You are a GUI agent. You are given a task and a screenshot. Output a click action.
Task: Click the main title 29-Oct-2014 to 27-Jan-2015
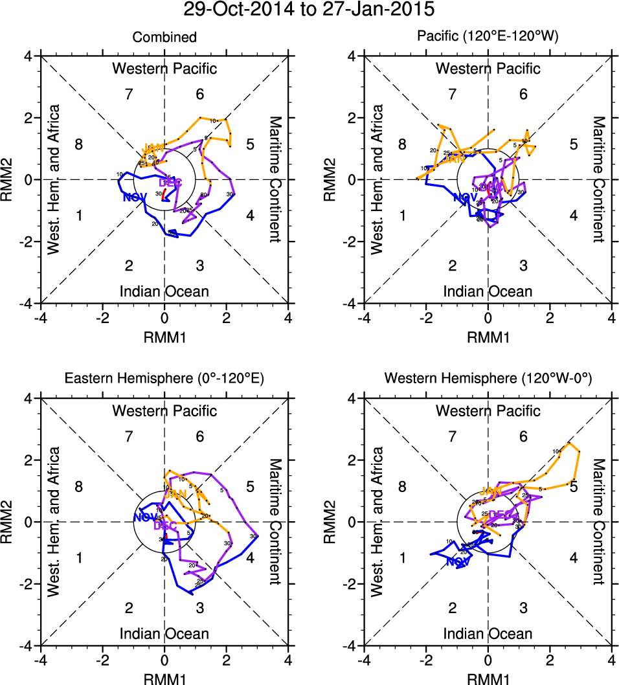point(309,10)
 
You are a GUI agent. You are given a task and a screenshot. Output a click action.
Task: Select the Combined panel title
point(164,38)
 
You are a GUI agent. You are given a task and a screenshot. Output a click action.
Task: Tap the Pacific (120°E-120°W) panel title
point(488,38)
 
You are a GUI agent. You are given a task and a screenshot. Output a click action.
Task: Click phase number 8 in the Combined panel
point(79,144)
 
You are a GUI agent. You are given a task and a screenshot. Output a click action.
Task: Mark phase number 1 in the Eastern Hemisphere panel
point(79,557)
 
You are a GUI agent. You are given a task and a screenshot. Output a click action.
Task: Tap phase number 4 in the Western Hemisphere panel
point(573,557)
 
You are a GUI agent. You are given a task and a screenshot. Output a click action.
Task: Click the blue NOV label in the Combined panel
point(133,197)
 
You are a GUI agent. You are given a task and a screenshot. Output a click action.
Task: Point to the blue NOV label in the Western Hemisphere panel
point(458,562)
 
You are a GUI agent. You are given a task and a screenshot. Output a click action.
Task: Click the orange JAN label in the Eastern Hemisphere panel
point(175,494)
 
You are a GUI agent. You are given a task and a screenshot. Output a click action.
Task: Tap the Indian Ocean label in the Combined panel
point(164,291)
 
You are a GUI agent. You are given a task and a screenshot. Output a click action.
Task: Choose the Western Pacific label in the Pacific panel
point(488,69)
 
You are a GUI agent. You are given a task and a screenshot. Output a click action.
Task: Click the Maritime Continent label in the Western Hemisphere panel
point(598,522)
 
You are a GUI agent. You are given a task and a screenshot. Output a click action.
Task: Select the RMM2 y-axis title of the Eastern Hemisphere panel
point(11,522)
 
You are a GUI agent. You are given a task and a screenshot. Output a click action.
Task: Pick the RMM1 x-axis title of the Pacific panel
point(488,337)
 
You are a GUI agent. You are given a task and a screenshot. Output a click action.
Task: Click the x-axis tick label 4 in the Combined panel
point(287,319)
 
